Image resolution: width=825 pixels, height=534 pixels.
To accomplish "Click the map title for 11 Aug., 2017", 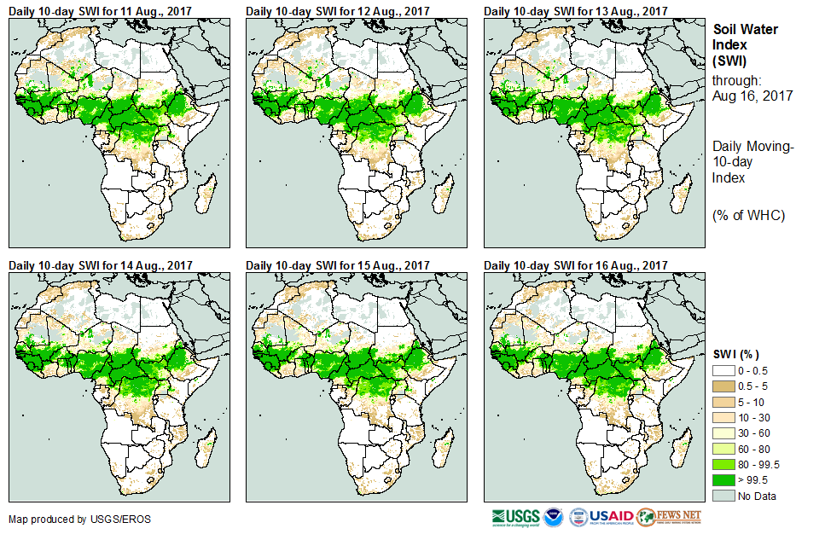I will point(101,10).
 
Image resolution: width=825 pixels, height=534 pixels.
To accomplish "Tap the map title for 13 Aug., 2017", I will point(577,10).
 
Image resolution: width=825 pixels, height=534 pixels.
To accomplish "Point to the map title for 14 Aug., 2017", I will point(101,265).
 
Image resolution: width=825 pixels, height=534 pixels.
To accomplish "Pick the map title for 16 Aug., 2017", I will point(577,265).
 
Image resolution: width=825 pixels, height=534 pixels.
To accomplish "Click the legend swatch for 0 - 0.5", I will point(724,371).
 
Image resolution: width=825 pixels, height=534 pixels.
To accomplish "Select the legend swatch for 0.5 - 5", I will point(724,386).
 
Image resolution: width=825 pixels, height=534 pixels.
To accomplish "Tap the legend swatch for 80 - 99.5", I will point(724,464).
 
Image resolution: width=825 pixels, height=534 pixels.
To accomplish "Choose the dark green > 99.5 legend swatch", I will point(724,479).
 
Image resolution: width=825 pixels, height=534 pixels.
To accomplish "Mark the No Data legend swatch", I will point(724,496).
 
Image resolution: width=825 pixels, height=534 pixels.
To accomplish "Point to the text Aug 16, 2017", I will point(752,96).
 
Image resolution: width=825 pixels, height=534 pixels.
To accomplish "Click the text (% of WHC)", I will point(748,214).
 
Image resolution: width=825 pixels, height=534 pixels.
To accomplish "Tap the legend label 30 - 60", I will point(754,433).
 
